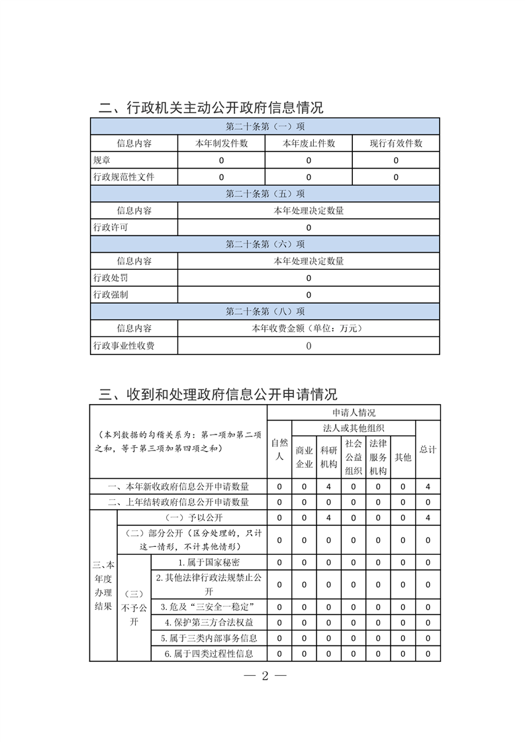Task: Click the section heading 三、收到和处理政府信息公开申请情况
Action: (x=218, y=395)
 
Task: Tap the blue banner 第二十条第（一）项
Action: (x=265, y=126)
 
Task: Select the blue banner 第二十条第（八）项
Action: (x=265, y=311)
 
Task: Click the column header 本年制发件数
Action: (x=221, y=144)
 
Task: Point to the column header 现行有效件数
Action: (x=396, y=144)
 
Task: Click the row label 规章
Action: (x=102, y=160)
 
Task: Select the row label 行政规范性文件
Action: (x=124, y=177)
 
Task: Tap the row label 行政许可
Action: (x=111, y=227)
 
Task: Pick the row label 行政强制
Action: (x=111, y=295)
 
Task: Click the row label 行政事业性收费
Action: (x=124, y=345)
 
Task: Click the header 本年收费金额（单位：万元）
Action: (x=309, y=328)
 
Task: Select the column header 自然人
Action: (x=279, y=449)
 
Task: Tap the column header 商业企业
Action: (x=304, y=456)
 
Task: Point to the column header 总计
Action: (x=428, y=449)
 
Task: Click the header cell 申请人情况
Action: (x=354, y=412)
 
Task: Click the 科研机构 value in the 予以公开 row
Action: (x=328, y=517)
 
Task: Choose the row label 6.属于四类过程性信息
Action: (x=210, y=654)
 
